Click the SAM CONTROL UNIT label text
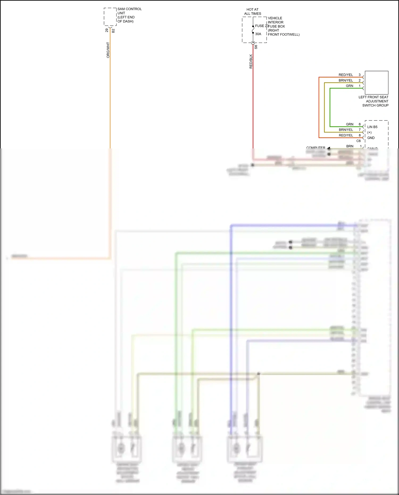pos(130,15)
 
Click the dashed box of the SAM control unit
pos(110,16)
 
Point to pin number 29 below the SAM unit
pos(107,31)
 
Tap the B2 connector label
pos(113,31)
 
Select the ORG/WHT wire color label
pos(108,50)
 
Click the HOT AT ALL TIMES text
pos(252,11)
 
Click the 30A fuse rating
pos(258,34)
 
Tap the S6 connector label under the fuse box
pos(256,47)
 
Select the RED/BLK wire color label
pos(251,62)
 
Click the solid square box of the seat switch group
pos(376,82)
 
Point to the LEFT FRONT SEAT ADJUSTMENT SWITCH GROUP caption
pos(373,101)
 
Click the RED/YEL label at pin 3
pos(346,75)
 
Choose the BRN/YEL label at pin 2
pos(346,80)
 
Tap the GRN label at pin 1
pos(350,86)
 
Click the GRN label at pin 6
pos(350,124)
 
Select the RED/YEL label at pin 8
pos(346,135)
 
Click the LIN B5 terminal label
pos(372,127)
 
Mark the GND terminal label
pos(371,138)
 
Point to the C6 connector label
pos(358,141)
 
